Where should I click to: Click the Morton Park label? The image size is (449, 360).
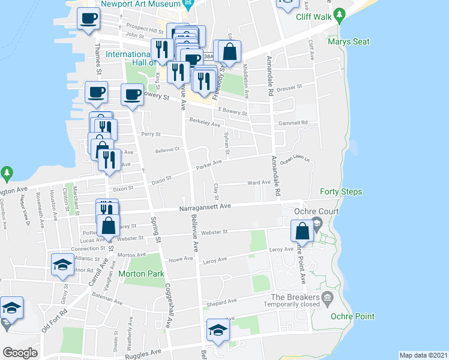point(141,274)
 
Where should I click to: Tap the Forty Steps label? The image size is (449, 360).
point(340,192)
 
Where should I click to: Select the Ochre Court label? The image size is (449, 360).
point(316,211)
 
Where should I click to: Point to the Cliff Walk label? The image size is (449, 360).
point(314,17)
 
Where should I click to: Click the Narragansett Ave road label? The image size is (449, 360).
point(205,206)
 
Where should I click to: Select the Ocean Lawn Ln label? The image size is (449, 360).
point(294,160)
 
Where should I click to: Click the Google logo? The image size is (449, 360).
point(19,353)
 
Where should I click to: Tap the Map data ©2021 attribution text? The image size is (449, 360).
point(424,355)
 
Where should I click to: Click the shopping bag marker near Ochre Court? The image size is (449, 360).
point(302,231)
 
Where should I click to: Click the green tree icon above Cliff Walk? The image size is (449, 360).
point(340,13)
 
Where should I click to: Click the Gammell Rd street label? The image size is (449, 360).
point(292,123)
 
